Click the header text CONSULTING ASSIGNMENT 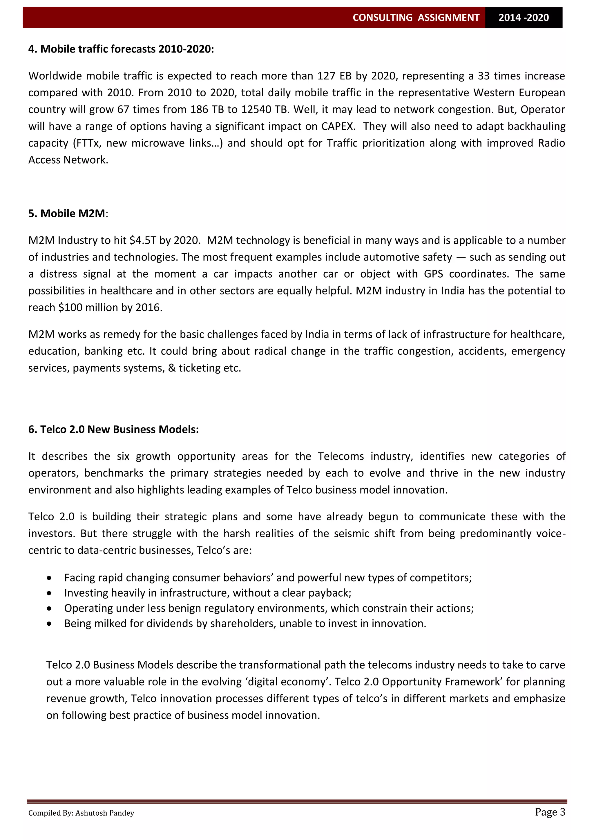(416, 18)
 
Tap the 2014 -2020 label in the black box (524, 18)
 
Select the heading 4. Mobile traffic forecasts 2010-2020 (121, 49)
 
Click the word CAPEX (338, 126)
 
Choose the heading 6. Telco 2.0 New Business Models (113, 430)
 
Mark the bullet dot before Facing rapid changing (49, 578)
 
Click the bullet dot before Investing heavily (49, 593)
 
